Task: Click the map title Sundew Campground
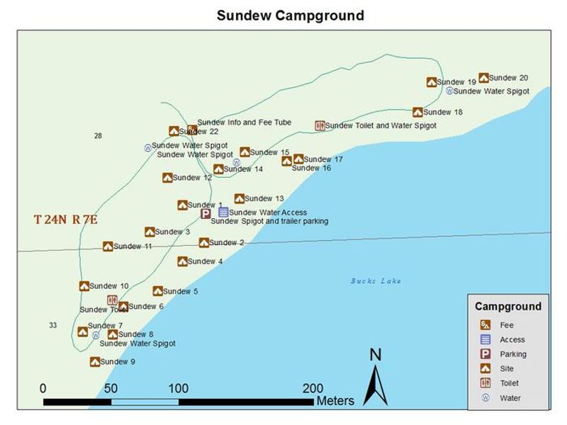click(x=290, y=15)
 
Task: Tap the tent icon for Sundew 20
click(x=483, y=78)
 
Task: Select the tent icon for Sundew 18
click(x=417, y=112)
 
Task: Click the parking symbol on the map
click(x=206, y=213)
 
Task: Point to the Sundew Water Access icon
click(x=223, y=212)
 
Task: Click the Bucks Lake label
click(x=376, y=281)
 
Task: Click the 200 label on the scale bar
click(x=313, y=388)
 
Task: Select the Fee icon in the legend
click(x=485, y=325)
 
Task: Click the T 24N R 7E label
click(x=65, y=220)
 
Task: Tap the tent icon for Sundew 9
click(x=94, y=361)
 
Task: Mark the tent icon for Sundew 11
click(x=108, y=246)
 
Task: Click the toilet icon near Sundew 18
click(x=320, y=125)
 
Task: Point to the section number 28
click(x=98, y=136)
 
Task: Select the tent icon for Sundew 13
click(x=240, y=199)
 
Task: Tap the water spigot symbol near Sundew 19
click(x=449, y=91)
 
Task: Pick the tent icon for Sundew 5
click(x=157, y=291)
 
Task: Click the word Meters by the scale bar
click(x=335, y=402)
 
